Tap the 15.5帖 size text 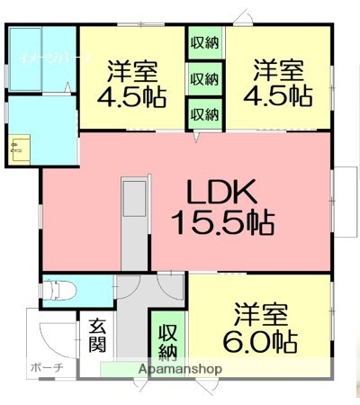pos(222,220)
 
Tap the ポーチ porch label pos(47,368)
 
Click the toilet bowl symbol pos(59,290)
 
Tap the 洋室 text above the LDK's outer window pos(276,67)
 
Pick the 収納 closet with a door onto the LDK pos(204,114)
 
